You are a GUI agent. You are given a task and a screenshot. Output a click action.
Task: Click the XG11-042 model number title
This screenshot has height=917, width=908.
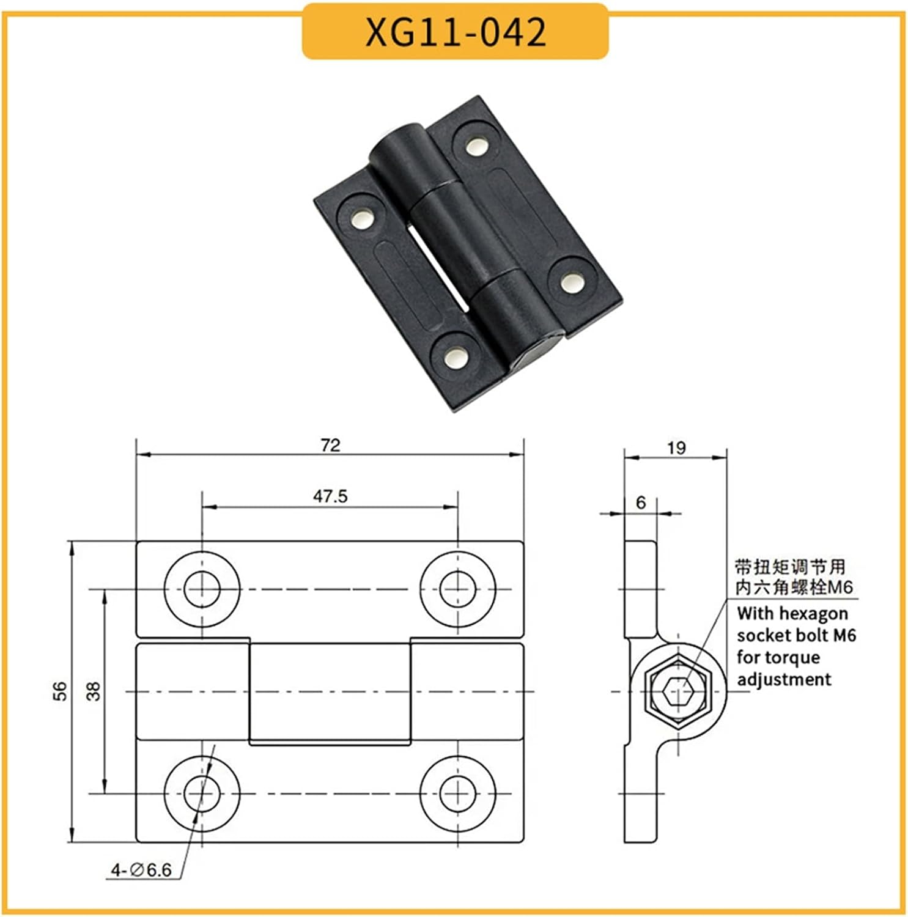455,32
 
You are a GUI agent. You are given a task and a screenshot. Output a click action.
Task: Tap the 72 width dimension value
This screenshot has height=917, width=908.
330,445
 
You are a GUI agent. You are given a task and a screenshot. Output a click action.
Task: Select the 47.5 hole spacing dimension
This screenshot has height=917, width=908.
330,496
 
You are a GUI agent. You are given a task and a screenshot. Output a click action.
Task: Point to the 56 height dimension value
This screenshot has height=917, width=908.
60,691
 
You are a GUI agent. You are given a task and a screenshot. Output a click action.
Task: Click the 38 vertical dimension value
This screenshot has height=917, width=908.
93,691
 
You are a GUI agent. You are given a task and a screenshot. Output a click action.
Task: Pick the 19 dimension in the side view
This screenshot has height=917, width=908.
676,448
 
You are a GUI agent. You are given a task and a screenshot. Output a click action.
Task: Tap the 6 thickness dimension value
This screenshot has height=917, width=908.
640,502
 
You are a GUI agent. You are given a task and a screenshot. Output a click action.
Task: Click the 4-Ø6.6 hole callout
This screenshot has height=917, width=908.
141,869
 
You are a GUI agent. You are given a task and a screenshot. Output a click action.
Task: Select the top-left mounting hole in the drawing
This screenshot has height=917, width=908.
202,589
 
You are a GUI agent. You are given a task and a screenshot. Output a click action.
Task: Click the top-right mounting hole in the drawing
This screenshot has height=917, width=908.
457,589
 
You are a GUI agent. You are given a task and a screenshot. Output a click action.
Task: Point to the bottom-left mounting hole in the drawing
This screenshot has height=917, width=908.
202,794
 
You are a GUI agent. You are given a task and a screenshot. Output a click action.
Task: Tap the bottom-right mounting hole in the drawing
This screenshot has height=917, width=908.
457,794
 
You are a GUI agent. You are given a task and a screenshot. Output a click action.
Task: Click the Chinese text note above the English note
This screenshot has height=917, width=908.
793,576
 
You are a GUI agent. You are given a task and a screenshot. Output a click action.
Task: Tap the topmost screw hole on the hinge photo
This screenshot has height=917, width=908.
475,146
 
